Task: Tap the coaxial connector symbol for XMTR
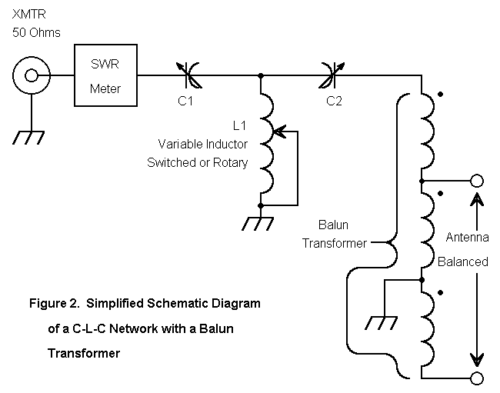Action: pos(31,75)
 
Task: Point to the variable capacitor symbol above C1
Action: pos(189,75)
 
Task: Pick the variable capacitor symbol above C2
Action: pos(332,75)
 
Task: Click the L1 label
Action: pos(240,124)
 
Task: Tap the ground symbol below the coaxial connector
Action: pos(31,137)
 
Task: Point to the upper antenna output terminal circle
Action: pos(476,182)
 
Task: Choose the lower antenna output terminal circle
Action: pos(476,377)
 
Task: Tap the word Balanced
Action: pos(462,261)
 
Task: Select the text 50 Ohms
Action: pos(36,32)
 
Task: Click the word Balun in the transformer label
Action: pos(333,225)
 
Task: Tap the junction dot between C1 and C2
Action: pos(262,75)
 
